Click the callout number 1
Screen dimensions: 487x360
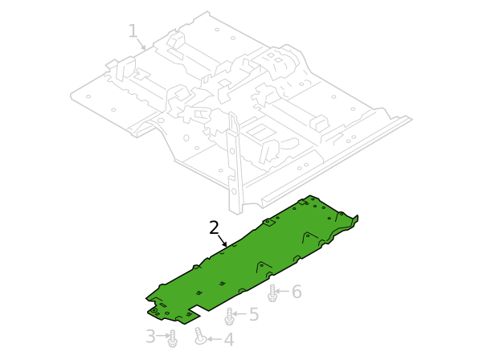tap(133, 31)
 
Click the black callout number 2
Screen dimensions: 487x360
tap(214, 227)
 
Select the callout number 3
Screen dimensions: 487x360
tap(150, 336)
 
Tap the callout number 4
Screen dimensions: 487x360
tap(229, 339)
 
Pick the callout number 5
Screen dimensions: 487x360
tap(254, 314)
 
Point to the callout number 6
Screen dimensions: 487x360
tap(297, 292)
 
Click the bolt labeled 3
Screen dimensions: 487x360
tap(173, 338)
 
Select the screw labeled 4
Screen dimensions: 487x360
tap(200, 337)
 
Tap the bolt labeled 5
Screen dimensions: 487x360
tap(230, 316)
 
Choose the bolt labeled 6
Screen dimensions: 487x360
tap(272, 293)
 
